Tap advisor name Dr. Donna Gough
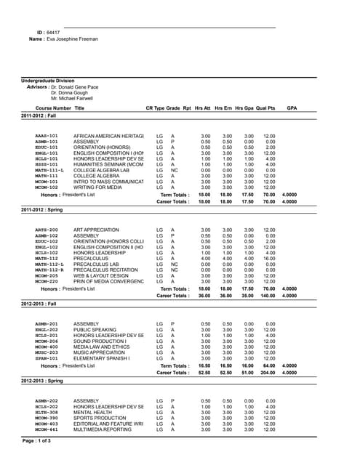coord(70,93)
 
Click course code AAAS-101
coord(47,136)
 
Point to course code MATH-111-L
coord(49,169)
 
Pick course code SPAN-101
coord(47,357)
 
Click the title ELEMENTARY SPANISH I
coord(104,357)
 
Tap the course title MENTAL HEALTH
coord(92,413)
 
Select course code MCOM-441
coord(47,430)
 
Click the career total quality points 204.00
coord(268,371)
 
